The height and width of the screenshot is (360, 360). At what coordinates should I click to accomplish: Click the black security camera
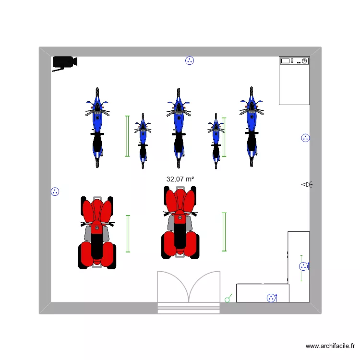(64, 62)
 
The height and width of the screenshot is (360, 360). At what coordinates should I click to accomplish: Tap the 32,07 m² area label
(180, 179)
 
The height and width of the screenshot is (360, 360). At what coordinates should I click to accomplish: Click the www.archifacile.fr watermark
(330, 346)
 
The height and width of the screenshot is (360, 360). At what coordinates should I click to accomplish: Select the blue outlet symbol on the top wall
(190, 60)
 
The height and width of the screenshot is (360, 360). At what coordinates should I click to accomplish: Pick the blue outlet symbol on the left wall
(55, 192)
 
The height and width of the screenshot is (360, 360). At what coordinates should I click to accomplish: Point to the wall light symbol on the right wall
(307, 184)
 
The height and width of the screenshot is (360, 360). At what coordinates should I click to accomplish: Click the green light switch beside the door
(228, 298)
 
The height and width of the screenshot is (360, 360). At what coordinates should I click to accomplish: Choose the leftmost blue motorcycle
(97, 128)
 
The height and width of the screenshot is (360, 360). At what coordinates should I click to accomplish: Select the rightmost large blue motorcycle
(252, 127)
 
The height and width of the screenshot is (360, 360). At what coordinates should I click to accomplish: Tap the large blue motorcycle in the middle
(179, 128)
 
